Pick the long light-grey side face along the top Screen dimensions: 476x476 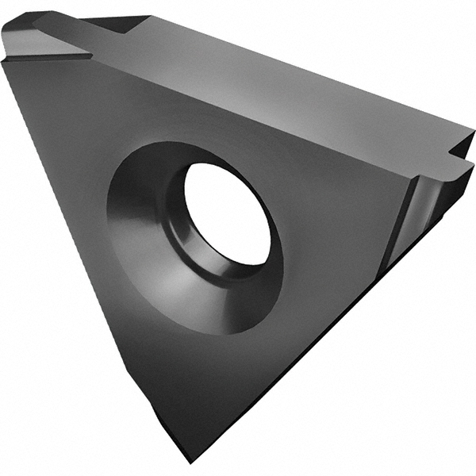[278, 79]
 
